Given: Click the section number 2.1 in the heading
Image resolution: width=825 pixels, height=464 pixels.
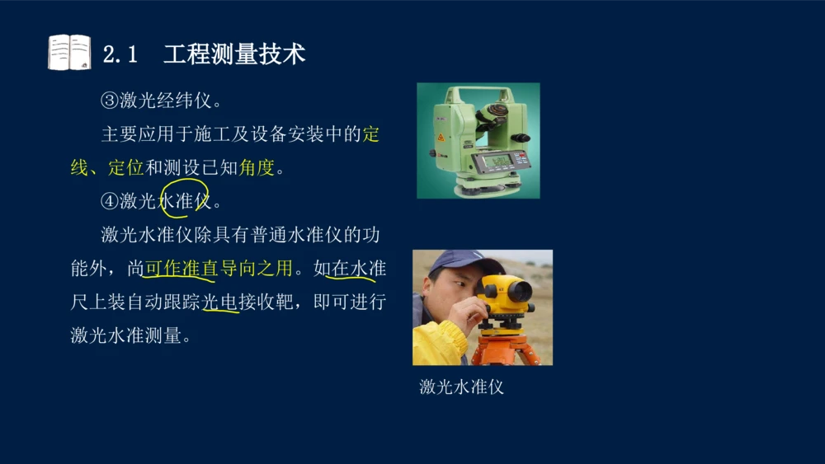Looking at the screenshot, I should coord(120,54).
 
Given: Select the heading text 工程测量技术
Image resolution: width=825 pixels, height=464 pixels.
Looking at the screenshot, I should coord(234,54).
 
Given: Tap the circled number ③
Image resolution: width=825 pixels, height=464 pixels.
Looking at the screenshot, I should coord(111,101).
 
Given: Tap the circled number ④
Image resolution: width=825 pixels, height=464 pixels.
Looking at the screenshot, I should coord(111,201).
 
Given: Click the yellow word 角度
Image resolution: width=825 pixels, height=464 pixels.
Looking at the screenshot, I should coord(257,168).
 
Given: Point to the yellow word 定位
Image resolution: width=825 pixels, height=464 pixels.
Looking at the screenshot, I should coord(126,168).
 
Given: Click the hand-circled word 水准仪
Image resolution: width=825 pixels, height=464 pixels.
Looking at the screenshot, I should coord(185,201).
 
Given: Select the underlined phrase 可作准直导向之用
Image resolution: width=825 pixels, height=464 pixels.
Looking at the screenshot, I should coord(219,269).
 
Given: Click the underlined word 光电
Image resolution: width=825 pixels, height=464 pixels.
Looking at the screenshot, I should coord(220,302).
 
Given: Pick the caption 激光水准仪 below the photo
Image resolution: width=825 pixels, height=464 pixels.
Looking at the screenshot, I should coord(461,387).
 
